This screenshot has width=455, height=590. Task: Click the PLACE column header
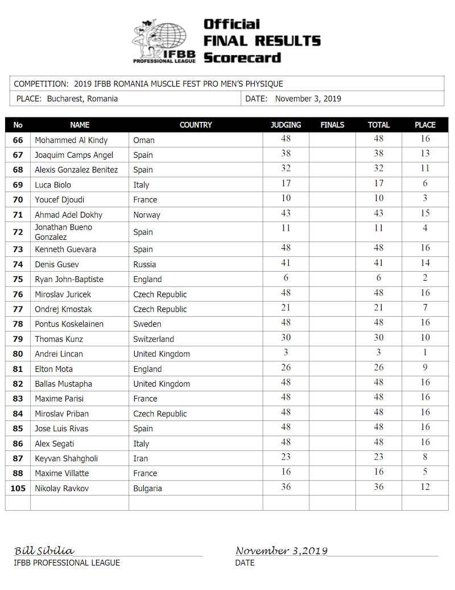pos(425,125)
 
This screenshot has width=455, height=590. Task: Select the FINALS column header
pos(332,125)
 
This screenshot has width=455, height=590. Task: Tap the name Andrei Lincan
pos(59,354)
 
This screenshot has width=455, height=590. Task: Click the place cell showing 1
pos(425,353)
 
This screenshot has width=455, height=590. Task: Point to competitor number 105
pos(18,488)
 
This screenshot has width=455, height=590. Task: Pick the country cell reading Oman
pos(144,140)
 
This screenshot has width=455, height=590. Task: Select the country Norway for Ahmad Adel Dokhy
pos(147,215)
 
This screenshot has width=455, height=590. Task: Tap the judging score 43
pos(286,213)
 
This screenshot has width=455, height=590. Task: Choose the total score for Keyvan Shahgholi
pos(378,457)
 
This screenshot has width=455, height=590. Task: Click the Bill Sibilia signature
pos(44,551)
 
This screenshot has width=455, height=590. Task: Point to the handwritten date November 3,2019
pos(282,551)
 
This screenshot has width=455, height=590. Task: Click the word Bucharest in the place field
pos(62,99)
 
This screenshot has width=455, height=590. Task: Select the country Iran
pos(140,458)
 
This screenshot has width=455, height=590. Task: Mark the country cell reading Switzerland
pos(156,339)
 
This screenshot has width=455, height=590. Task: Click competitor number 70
pos(18,200)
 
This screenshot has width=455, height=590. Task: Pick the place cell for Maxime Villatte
pos(425,472)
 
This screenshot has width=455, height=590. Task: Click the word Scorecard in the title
pos(242,58)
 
